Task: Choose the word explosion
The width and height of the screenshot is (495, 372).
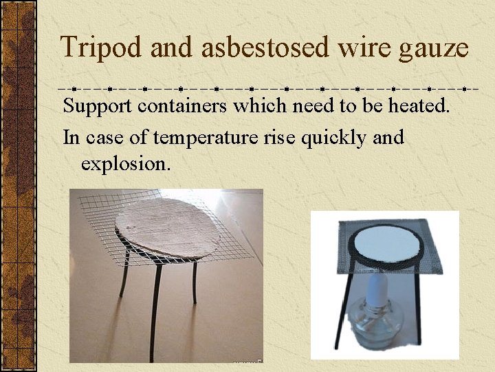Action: pyautogui.click(x=124, y=164)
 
